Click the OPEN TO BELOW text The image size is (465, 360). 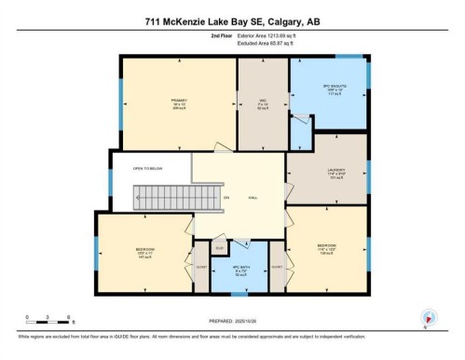coord(149,168)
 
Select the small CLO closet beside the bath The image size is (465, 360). coord(220,248)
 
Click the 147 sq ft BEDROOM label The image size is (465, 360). coord(144,252)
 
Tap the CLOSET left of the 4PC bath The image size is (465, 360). coord(202,267)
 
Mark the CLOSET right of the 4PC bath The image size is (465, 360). coord(277,267)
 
